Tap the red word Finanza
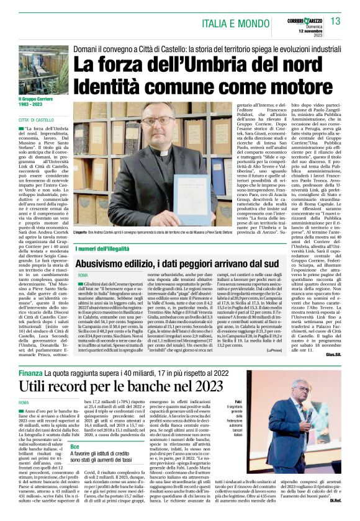pos(30,373)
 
